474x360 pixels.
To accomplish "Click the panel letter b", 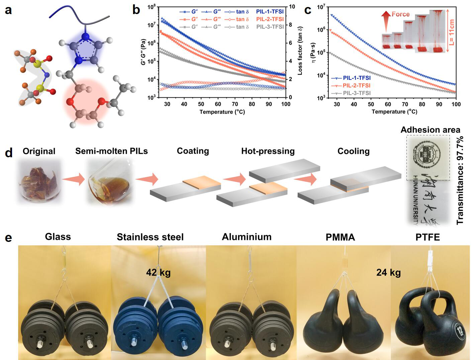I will click(136, 10).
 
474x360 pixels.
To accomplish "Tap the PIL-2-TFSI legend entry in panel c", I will click(357, 86).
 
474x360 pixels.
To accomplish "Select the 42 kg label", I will click(158, 273).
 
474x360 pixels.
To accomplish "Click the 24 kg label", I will click(388, 273).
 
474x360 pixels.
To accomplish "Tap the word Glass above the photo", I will click(58, 237).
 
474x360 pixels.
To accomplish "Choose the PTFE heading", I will click(428, 237).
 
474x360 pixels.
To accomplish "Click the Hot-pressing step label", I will click(268, 151).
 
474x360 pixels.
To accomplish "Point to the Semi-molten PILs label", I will click(111, 151).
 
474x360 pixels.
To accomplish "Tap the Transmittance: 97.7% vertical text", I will click(460, 180).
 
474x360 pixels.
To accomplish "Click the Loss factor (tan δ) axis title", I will click(300, 51).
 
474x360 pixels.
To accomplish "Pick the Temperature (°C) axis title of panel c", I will click(394, 111).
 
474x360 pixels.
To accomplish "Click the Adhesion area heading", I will click(430, 130).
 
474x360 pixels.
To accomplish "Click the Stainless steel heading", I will click(150, 237).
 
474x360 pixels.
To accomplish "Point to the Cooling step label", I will click(353, 151).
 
